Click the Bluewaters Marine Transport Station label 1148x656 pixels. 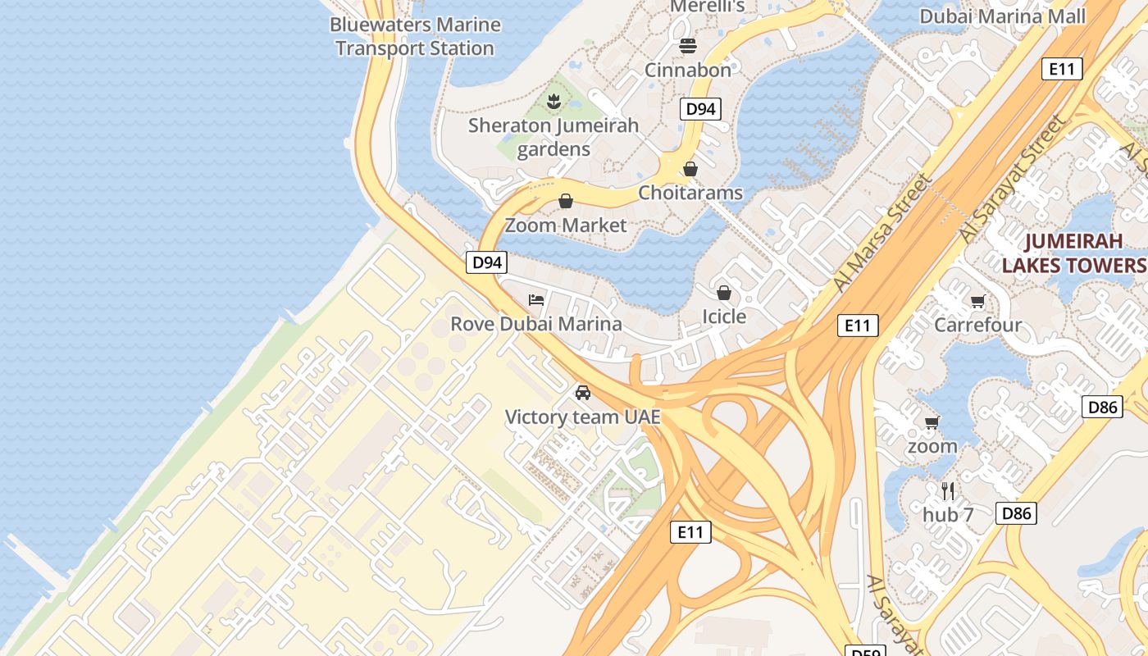click(x=415, y=37)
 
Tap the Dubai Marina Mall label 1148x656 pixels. click(x=1002, y=16)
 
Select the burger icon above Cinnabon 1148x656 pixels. click(x=687, y=45)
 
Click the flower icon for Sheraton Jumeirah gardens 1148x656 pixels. click(x=554, y=102)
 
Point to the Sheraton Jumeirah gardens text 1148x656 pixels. click(x=553, y=138)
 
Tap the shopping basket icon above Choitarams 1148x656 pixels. click(x=690, y=169)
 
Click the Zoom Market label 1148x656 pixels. click(x=566, y=225)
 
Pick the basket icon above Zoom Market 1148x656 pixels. click(x=566, y=201)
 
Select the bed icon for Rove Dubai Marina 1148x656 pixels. click(x=536, y=299)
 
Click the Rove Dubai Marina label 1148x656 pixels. click(x=536, y=324)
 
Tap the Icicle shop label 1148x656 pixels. click(x=724, y=317)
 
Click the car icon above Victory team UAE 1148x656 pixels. click(x=583, y=393)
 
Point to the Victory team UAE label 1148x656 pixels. click(x=583, y=417)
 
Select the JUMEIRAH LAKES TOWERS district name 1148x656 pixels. click(x=1073, y=253)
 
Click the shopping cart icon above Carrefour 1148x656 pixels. click(x=977, y=302)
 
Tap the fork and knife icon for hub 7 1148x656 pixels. click(x=948, y=491)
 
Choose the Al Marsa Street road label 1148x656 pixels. click(x=882, y=232)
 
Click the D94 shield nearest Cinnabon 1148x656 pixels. click(x=700, y=109)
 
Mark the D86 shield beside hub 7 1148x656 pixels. click(x=1016, y=513)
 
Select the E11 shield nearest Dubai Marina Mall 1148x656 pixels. click(x=1062, y=69)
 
